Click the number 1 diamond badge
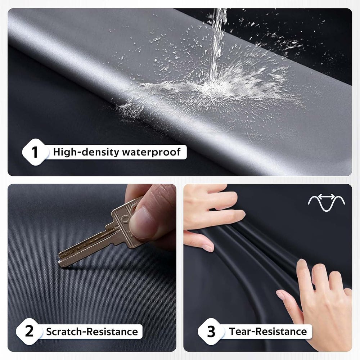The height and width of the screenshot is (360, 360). pos(35,152)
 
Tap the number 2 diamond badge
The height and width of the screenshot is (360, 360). pos(29,331)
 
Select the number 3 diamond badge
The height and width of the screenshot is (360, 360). pos(211,331)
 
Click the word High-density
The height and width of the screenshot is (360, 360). pos(86,152)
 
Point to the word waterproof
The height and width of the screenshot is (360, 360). pos(152,152)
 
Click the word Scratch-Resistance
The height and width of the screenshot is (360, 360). pos(92,332)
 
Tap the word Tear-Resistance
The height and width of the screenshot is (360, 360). pos(268,332)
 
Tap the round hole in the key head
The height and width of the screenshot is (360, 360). pos(126,219)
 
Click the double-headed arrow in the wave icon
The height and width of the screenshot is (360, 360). pos(327,196)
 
